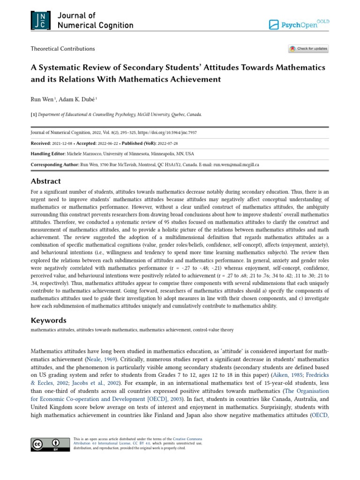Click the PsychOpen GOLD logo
pyautogui.click(x=299, y=24)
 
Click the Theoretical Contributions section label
pyautogui.click(x=62, y=49)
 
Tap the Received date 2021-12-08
pyautogui.click(x=66, y=143)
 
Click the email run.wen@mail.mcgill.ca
pyautogui.click(x=236, y=165)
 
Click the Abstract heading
pyautogui.click(x=45, y=181)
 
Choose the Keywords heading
pyautogui.click(x=48, y=321)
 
